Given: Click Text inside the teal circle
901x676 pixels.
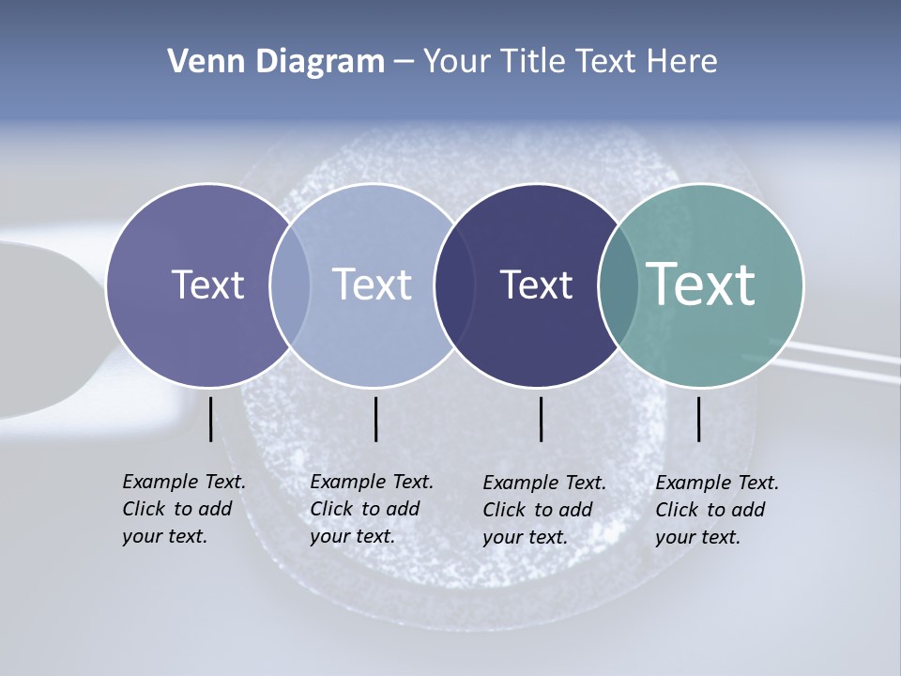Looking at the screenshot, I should point(701,284).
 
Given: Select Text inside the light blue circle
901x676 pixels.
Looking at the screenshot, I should point(373,284).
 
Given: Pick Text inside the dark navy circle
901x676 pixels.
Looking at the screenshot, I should point(536,284).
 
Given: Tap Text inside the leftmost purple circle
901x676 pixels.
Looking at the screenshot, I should point(207,284).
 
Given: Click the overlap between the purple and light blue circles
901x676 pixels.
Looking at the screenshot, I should point(290,284).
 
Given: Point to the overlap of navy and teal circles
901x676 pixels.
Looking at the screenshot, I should point(618,284).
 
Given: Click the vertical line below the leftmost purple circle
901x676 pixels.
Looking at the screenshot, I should point(210,419).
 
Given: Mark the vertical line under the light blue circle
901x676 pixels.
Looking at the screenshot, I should point(375,419).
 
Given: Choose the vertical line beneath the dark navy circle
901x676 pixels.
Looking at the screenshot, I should point(541,419).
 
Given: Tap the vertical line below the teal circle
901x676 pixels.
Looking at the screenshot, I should point(699,419).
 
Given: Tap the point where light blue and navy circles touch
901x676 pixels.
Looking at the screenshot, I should point(452,284).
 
